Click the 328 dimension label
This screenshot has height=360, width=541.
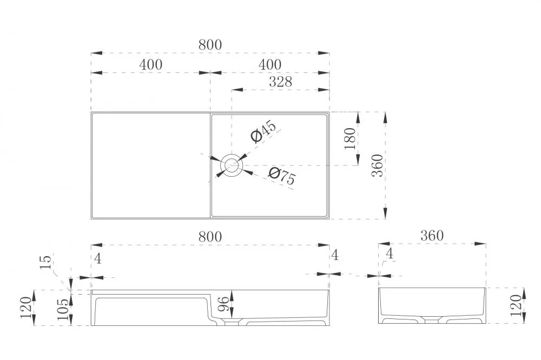pyautogui.click(x=280, y=82)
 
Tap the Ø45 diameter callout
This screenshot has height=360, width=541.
pyautogui.click(x=263, y=131)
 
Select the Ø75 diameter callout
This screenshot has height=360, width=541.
pyautogui.click(x=282, y=176)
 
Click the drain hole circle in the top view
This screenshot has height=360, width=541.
pyautogui.click(x=232, y=165)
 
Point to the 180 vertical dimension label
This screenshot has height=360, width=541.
pyautogui.click(x=350, y=138)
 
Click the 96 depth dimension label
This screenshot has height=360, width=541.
pyautogui.click(x=223, y=304)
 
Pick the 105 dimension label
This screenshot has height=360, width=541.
pyautogui.click(x=63, y=309)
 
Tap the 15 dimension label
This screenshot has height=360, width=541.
pyautogui.click(x=45, y=262)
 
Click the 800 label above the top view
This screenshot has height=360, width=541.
pyautogui.click(x=210, y=44)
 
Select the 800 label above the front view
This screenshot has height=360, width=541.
pyautogui.click(x=210, y=237)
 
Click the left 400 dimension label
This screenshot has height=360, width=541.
pyautogui.click(x=151, y=64)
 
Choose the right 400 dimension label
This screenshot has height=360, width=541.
pyautogui.click(x=270, y=64)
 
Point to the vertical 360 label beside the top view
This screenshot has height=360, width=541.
pyautogui.click(x=378, y=165)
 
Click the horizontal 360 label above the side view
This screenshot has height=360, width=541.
pyautogui.click(x=432, y=236)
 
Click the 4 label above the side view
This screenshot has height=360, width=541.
pyautogui.click(x=390, y=254)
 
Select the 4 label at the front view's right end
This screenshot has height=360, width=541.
pyautogui.click(x=334, y=255)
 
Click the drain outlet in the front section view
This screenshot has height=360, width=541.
pyautogui.click(x=232, y=323)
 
